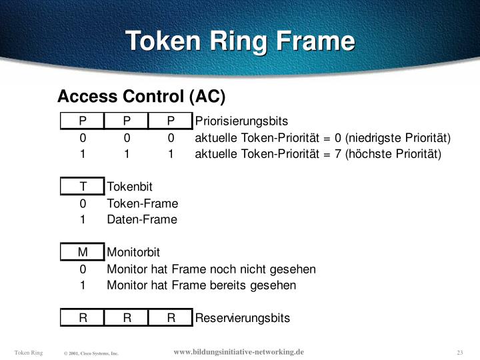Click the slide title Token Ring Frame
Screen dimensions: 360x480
(241, 41)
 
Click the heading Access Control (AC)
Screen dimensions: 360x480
(141, 97)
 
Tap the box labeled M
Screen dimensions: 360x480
(83, 252)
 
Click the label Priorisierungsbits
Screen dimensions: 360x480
(241, 121)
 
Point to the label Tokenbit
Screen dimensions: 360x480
(130, 187)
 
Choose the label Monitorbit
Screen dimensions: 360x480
(133, 252)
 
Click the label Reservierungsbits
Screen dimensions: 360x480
(243, 318)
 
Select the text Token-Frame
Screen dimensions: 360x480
(142, 203)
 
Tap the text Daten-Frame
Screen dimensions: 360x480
(142, 219)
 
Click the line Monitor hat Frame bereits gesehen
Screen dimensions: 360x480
(201, 285)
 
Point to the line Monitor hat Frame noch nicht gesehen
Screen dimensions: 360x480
(211, 269)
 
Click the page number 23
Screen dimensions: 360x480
(460, 352)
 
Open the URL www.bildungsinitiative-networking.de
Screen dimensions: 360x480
(239, 351)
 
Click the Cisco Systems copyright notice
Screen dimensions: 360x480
(91, 353)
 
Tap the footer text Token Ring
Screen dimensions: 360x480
(29, 352)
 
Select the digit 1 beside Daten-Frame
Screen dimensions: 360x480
(83, 219)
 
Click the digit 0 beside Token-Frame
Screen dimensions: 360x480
(83, 203)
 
